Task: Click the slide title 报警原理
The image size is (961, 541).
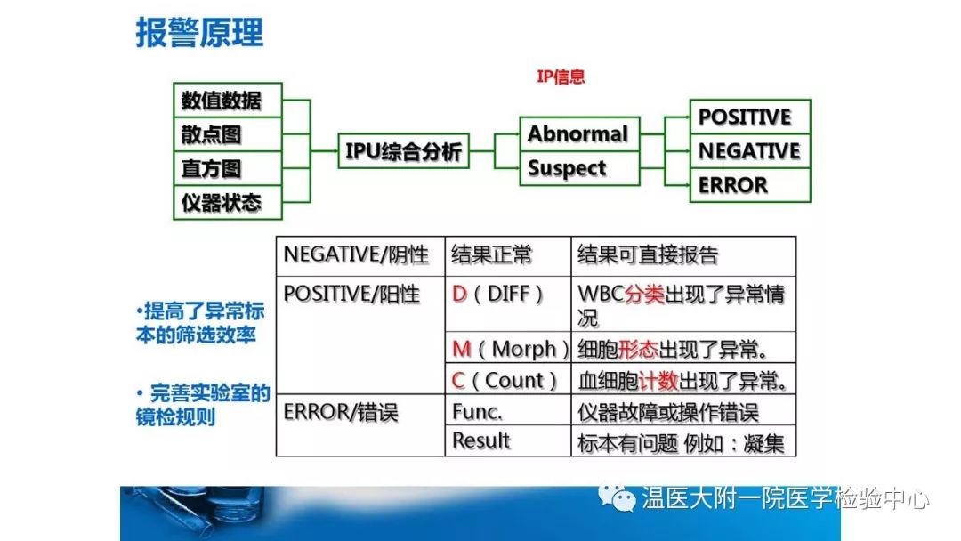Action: [x=199, y=32]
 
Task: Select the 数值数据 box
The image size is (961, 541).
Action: [x=228, y=100]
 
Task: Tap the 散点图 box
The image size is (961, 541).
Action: [x=228, y=134]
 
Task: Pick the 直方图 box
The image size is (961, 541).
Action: [x=228, y=168]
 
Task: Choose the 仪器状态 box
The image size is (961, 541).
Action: [x=228, y=202]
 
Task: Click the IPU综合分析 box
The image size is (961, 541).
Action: [x=403, y=150]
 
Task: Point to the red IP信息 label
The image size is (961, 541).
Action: [x=561, y=77]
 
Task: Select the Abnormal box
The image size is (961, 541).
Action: [x=579, y=133]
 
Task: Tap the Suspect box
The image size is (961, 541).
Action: [x=579, y=168]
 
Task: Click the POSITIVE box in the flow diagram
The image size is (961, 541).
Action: [x=750, y=117]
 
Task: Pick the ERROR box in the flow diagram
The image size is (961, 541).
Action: [x=750, y=185]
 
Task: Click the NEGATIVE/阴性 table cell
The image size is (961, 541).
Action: [x=360, y=256]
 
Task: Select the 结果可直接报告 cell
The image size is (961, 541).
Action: [x=683, y=256]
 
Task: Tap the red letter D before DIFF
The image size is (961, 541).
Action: [x=460, y=295]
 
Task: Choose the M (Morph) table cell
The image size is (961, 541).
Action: [x=508, y=349]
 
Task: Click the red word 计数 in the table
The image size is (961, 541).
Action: [x=658, y=381]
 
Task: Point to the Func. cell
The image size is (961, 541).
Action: [x=508, y=410]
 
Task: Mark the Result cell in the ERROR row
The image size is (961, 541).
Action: [x=508, y=440]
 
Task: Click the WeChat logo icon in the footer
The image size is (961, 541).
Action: [x=617, y=497]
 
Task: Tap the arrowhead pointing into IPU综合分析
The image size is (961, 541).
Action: [x=334, y=150]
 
